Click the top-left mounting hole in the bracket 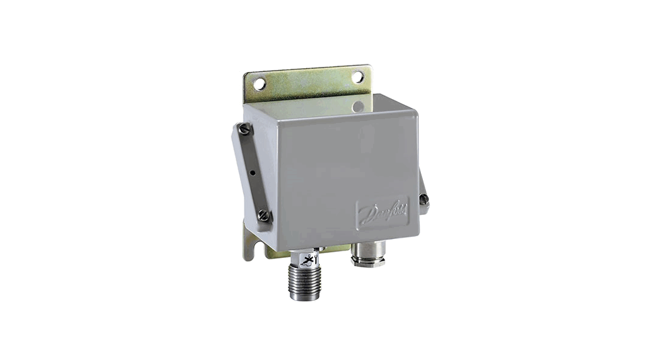coord(259,84)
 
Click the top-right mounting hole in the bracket coord(357,77)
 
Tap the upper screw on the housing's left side coord(244,129)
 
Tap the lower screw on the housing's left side coord(264,216)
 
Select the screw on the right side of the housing coord(424,200)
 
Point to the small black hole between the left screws coord(252,171)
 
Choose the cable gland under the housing coord(368,253)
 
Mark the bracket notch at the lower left coord(250,250)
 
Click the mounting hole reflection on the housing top coord(358,106)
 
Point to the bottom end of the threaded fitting coord(305,296)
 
